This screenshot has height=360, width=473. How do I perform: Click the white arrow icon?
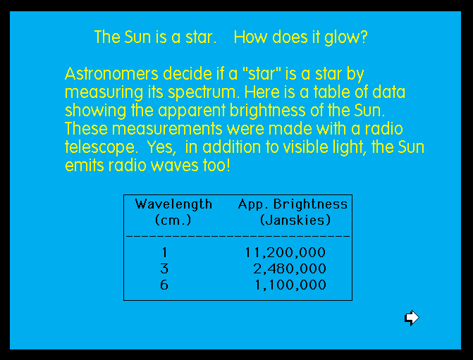point(412,318)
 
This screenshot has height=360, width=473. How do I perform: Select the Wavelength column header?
point(173,205)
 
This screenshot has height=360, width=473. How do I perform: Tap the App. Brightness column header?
point(293,204)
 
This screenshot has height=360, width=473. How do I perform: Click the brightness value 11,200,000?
point(285,252)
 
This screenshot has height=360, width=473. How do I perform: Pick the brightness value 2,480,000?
point(290,268)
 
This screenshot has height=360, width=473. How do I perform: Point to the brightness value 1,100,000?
point(290,285)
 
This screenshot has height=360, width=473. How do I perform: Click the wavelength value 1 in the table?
point(164,252)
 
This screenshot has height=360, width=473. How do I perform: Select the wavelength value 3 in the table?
point(164,268)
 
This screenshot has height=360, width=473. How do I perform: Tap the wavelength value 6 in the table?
point(164,285)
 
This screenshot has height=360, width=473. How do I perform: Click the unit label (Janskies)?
point(295,220)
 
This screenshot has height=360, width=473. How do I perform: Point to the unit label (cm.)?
point(173,220)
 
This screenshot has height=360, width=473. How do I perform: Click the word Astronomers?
point(111,74)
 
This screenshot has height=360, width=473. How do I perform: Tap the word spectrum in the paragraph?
point(204,93)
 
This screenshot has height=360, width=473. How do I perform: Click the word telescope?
point(100,148)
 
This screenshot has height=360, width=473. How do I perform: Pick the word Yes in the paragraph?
point(161,147)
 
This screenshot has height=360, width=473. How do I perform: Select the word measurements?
point(167,129)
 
